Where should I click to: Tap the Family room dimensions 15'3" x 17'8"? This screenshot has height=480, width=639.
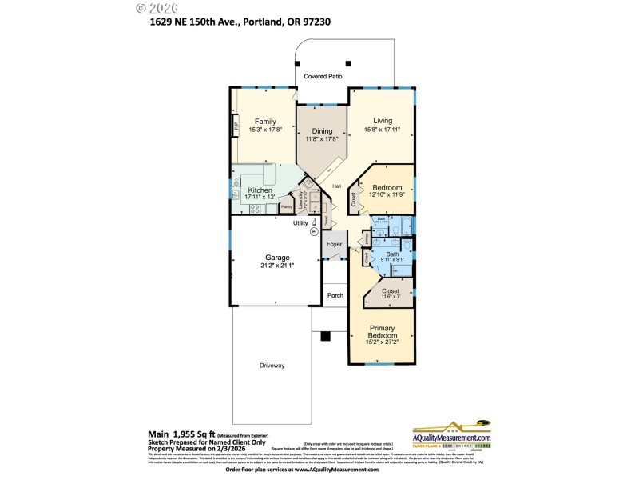click(265, 130)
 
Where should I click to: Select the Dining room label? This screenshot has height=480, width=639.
click(322, 130)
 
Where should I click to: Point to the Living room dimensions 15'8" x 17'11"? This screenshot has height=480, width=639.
click(382, 130)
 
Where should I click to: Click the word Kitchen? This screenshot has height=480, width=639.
click(260, 190)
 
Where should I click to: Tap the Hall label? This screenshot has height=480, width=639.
click(337, 186)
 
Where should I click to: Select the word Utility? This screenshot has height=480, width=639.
click(300, 223)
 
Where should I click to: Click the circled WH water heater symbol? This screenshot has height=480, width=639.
click(314, 232)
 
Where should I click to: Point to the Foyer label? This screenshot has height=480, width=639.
click(334, 244)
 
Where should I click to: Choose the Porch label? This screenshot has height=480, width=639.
click(335, 295)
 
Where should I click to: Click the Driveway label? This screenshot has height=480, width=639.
click(272, 366)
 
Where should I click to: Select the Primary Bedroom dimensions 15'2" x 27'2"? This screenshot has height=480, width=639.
click(382, 342)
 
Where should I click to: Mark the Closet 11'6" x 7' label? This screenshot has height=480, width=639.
click(391, 297)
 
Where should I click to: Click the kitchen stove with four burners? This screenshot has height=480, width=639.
click(255, 209)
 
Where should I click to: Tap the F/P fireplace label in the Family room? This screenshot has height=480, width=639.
click(236, 126)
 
